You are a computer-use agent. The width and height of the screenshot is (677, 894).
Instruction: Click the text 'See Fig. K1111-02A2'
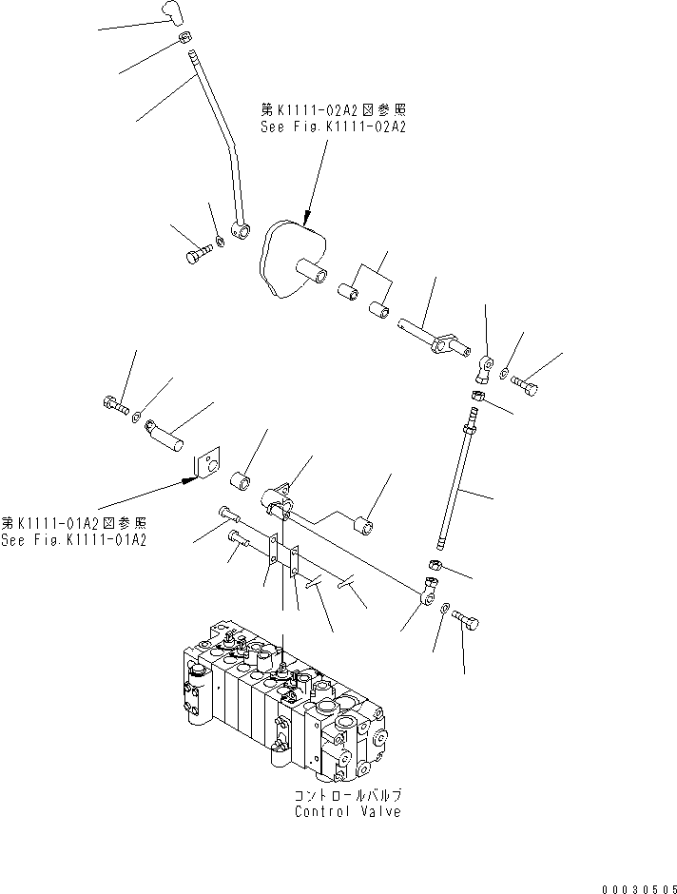(333, 126)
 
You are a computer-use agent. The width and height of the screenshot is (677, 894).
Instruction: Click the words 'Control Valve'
(347, 811)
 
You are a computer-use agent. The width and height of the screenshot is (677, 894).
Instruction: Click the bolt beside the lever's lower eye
(194, 255)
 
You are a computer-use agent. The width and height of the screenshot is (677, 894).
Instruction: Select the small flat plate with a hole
(204, 465)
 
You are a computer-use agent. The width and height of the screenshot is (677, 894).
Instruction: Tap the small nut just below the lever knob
(184, 39)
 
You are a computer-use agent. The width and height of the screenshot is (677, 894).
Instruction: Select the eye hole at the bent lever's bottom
(243, 228)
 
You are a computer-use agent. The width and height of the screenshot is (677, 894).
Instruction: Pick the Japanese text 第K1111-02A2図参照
(333, 109)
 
